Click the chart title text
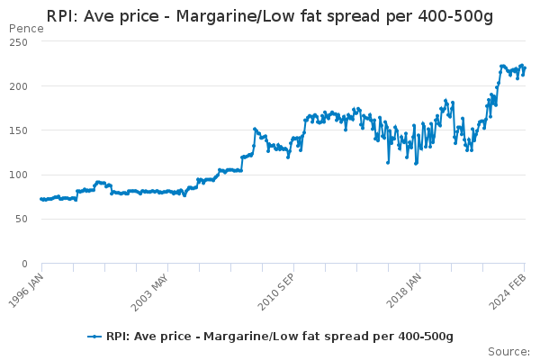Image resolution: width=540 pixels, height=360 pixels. [270, 16]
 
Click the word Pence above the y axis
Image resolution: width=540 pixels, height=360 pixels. [26, 29]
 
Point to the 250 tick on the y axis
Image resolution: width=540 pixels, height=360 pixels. [19, 42]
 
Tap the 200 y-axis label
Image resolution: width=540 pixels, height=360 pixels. [19, 86]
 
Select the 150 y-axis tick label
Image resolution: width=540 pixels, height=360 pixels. [19, 130]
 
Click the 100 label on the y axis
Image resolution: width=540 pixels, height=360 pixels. [19, 175]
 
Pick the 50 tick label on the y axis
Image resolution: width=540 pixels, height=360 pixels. [22, 219]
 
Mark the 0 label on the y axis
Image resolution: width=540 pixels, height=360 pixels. [24, 264]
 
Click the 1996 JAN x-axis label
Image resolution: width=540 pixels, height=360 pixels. [26, 291]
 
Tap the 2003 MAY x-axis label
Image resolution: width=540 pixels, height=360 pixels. [149, 292]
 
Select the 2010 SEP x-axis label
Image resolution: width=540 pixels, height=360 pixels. [276, 292]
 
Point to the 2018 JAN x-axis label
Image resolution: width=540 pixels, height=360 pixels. [403, 291]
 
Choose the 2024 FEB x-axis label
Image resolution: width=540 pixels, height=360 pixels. [508, 292]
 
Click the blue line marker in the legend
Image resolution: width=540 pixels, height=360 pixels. [94, 337]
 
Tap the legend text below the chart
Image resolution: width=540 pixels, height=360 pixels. [280, 337]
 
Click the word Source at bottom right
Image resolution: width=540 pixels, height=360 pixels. [508, 352]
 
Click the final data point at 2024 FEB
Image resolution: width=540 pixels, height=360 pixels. [525, 68]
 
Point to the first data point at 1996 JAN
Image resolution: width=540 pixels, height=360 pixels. [41, 199]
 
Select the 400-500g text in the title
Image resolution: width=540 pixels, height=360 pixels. [455, 16]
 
